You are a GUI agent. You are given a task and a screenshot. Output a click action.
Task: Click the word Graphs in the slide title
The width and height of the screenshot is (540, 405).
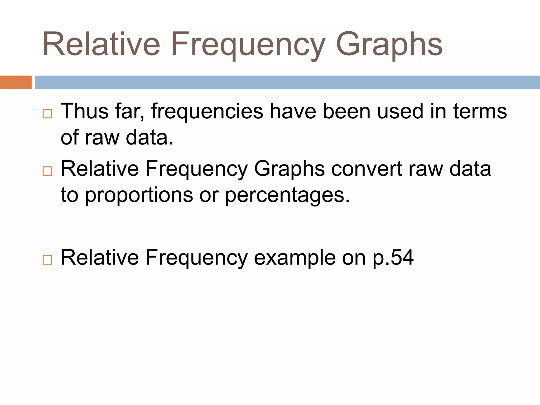pos(389,44)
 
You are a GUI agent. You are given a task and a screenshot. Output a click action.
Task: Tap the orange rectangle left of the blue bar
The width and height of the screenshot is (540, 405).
pos(16,82)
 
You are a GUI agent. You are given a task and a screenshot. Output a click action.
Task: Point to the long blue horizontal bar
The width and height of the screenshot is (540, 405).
pos(287,82)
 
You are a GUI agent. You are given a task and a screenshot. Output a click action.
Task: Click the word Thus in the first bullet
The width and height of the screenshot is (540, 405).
pos(85,111)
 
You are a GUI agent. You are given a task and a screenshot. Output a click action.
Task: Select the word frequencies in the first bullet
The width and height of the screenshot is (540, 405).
pos(207,111)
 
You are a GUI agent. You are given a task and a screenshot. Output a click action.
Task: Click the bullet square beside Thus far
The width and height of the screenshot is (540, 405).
pos(47,114)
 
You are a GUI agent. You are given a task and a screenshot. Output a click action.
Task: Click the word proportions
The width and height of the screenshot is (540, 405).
pos(139,195)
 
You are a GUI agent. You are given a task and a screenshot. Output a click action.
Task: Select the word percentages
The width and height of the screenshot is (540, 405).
pos(287,195)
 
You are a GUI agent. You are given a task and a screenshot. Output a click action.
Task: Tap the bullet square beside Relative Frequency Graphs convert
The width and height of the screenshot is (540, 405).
pos(47,171)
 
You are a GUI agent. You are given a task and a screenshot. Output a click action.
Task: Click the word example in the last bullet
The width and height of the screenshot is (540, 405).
pos(295,257)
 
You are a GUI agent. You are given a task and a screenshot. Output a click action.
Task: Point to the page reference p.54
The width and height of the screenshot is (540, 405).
pos(393,257)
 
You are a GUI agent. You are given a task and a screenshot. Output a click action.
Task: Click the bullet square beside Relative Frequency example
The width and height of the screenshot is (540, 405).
pos(47,260)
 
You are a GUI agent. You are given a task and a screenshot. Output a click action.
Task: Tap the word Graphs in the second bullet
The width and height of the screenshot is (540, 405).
pos(289,169)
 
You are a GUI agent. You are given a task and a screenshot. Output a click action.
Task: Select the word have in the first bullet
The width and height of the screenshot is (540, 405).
pos(293,111)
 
